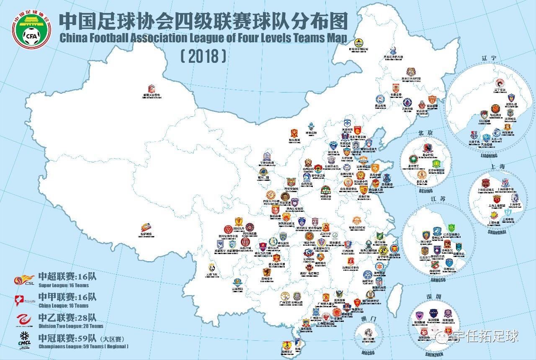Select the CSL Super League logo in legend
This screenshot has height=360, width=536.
click(23, 280)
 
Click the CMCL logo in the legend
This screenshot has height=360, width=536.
click(23, 339)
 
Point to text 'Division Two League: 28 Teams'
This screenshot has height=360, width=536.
click(71, 326)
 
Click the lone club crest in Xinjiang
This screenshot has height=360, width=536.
click(152, 89)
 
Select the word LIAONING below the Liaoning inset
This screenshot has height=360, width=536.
click(489, 155)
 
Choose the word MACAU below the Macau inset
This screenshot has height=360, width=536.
click(370, 352)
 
